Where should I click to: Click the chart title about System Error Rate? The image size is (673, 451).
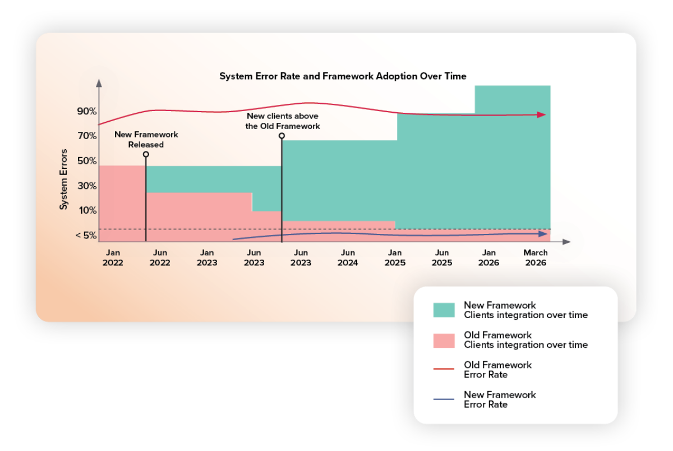[x=343, y=76]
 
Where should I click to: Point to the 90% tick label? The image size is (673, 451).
[x=87, y=111]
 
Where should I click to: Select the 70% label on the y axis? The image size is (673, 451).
[x=87, y=136]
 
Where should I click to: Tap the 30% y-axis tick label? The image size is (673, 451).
[x=87, y=186]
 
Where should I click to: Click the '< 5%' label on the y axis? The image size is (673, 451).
[x=86, y=236]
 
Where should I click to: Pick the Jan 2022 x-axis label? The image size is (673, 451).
[x=113, y=257]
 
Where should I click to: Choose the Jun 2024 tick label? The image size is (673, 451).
[x=348, y=257]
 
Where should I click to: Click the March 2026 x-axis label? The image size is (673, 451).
[x=536, y=257]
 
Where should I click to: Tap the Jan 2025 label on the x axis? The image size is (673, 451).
[x=395, y=257]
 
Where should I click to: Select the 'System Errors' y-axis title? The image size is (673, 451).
[x=64, y=179]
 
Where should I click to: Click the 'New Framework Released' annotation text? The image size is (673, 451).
[x=146, y=140]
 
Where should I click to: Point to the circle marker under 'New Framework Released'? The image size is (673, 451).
[x=146, y=154]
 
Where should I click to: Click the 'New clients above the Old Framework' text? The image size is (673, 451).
[x=283, y=121]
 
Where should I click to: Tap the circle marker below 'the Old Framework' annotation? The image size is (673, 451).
[x=282, y=136]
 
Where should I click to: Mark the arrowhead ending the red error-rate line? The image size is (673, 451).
[x=541, y=114]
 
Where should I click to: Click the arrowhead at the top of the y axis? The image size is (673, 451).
[x=99, y=82]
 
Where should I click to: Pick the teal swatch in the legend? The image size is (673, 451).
[x=444, y=310]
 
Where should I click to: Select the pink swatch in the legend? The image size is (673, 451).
[x=444, y=340]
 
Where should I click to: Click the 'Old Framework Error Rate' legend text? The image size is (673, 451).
[x=497, y=370]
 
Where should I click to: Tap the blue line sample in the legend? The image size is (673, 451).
[x=444, y=399]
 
